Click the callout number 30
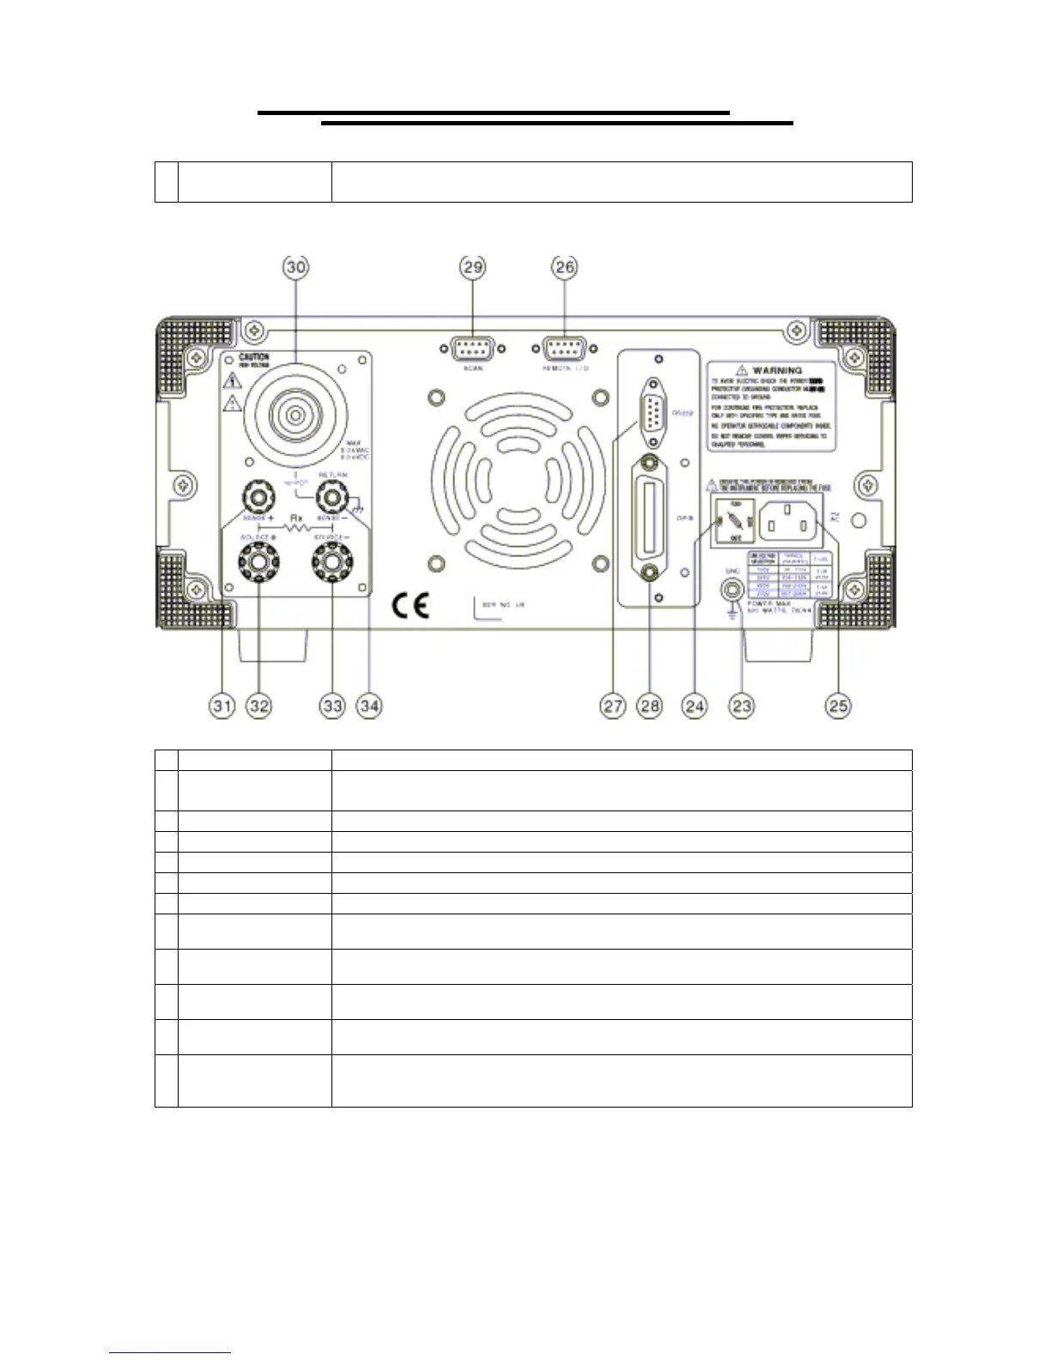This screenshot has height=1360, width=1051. click(295, 267)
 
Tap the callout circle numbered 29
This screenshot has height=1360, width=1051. click(473, 267)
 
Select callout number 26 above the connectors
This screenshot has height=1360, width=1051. click(564, 267)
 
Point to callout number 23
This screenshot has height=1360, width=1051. click(741, 706)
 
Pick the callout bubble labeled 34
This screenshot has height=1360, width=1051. click(369, 706)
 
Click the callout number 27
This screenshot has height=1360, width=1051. click(612, 706)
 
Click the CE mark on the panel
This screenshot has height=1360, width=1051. click(410, 606)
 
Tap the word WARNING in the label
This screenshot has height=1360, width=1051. click(776, 371)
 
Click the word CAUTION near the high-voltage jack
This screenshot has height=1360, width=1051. click(254, 356)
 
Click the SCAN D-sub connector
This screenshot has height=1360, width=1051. click(473, 349)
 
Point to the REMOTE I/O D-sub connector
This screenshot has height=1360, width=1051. click(564, 349)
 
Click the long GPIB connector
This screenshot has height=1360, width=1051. click(650, 517)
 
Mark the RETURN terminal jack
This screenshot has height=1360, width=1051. click(332, 496)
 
